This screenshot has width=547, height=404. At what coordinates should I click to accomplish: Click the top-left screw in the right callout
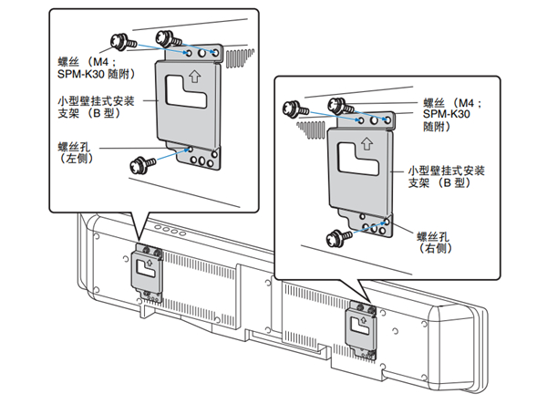(293, 108)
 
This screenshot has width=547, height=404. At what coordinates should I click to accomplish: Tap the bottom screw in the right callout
(334, 235)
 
